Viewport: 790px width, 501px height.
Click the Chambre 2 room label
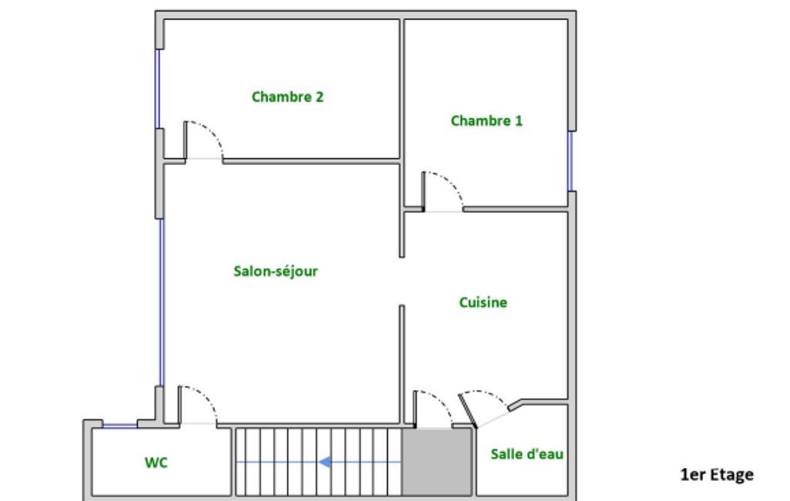point(287,97)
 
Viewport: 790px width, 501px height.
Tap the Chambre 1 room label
point(486,121)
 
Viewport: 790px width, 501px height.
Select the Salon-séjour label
point(276,271)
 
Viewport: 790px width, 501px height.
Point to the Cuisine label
point(482,302)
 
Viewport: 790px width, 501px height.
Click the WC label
point(156,462)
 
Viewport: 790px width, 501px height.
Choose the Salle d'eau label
point(527,454)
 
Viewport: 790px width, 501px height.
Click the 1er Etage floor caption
point(717,474)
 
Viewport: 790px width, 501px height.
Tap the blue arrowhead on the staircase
point(325,462)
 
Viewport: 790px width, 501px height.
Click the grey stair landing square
point(437,462)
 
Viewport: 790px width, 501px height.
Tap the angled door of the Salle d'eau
point(468,411)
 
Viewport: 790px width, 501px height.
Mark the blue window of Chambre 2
point(157,89)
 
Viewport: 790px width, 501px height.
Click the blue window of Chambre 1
point(570,161)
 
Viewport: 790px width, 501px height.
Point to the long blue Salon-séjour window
point(162,302)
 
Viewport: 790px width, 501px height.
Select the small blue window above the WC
point(119,426)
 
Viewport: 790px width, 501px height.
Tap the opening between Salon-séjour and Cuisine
point(402,281)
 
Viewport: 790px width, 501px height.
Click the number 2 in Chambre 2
point(319,96)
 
